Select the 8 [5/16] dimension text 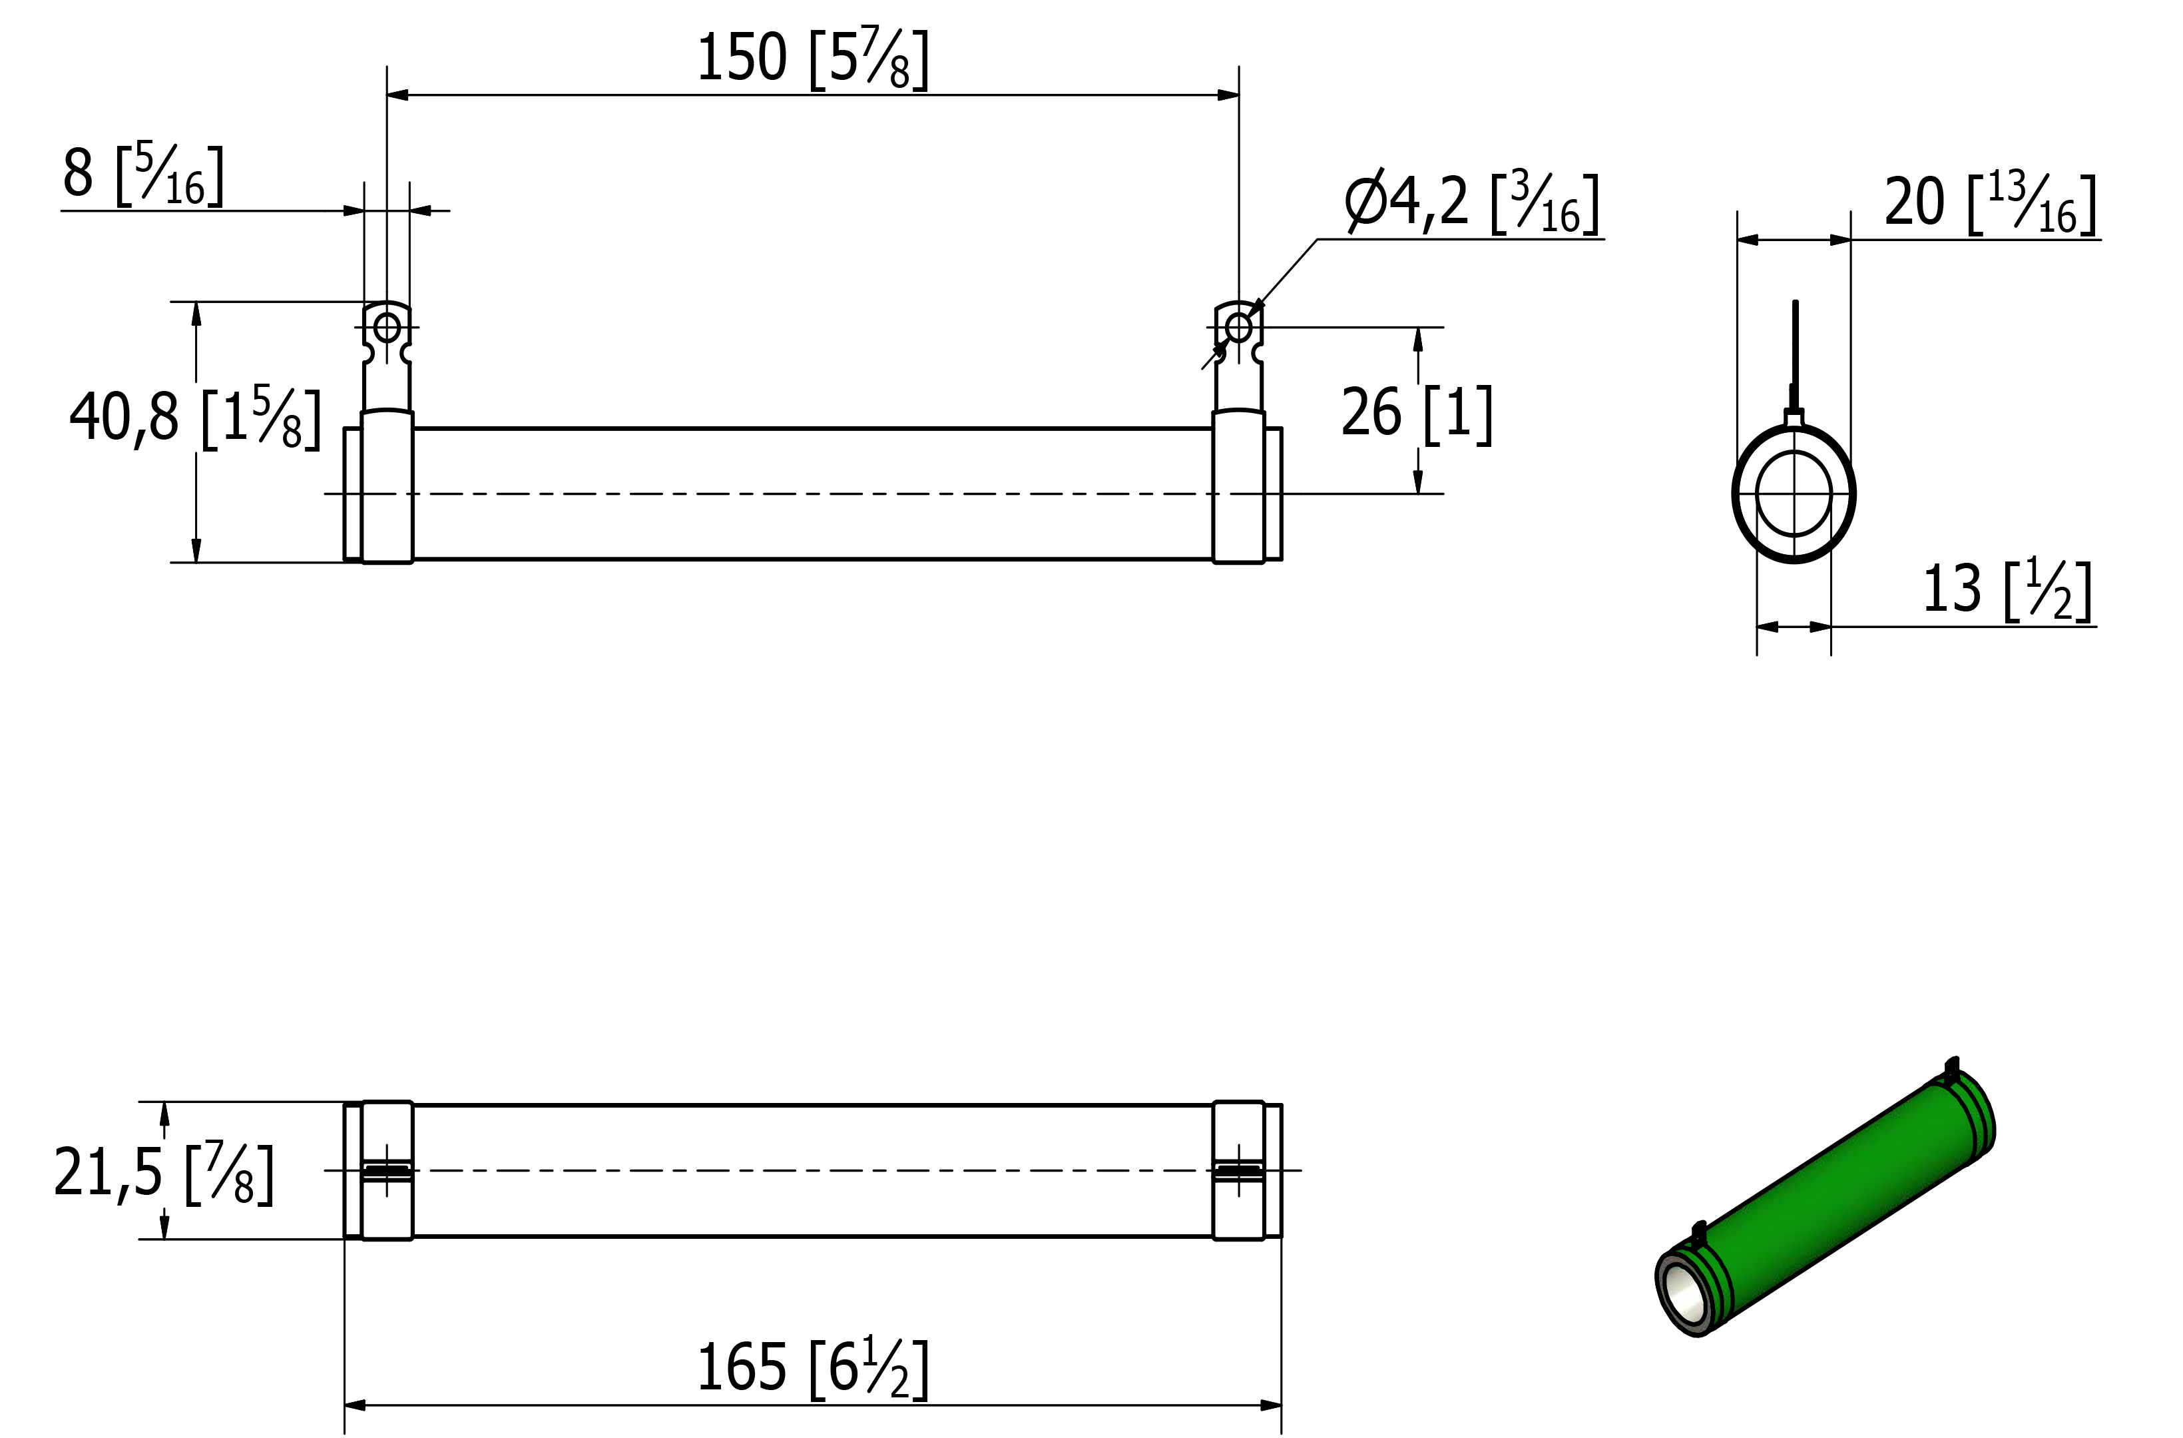(143, 175)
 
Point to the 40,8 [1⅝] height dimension (195, 418)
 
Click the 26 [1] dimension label (1417, 414)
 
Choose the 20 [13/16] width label (1991, 204)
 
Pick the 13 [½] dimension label (2007, 589)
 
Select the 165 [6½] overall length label (813, 1368)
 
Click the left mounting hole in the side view (387, 326)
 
